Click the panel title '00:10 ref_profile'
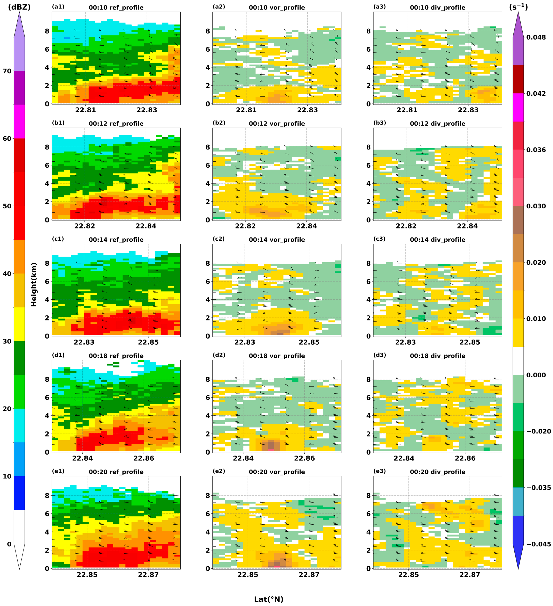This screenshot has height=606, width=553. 116,7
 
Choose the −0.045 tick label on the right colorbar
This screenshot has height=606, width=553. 539,544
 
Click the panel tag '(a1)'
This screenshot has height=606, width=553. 58,7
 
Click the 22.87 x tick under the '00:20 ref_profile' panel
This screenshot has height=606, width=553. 148,574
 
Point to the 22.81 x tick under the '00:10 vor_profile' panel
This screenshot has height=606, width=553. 246,110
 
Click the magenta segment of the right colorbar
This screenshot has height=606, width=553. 518,107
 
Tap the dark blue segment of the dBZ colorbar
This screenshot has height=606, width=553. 19,493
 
